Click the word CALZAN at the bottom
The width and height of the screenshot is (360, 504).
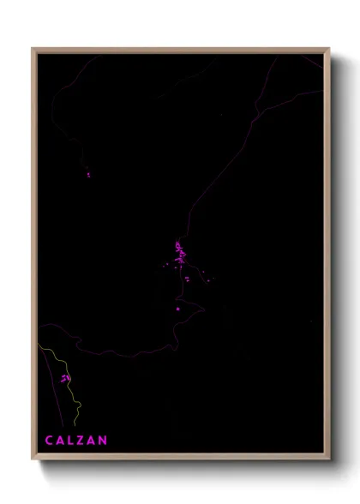[x=76, y=441]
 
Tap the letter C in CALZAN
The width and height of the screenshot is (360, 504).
[x=49, y=441]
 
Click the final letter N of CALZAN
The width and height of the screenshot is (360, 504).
[x=104, y=441]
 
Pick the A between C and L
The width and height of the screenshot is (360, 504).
[x=60, y=441]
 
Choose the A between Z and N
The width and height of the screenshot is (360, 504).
[x=93, y=441]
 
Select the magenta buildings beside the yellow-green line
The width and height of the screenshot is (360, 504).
[x=65, y=377]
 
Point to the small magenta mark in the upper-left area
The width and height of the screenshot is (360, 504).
[x=88, y=175]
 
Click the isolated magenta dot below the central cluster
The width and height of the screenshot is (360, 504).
[x=177, y=309]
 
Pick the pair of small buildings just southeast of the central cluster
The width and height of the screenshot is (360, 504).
[x=187, y=279]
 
